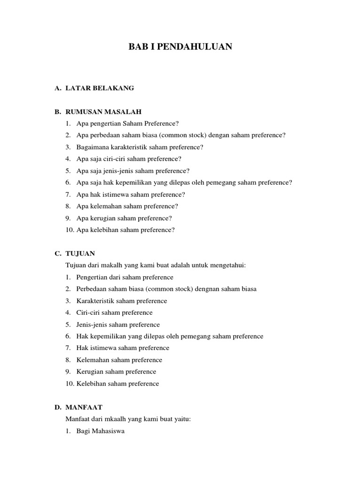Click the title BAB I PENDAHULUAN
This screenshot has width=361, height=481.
(x=180, y=47)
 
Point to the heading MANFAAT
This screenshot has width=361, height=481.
(x=84, y=407)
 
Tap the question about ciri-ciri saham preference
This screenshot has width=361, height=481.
(x=129, y=159)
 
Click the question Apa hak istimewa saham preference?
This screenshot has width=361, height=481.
(x=131, y=194)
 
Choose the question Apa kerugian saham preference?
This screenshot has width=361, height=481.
(x=124, y=218)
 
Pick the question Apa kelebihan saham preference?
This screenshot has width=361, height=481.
(x=126, y=230)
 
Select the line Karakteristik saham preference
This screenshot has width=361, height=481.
(x=121, y=301)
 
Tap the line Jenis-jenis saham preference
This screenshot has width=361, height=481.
(x=118, y=325)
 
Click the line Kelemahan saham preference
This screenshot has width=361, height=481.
(x=119, y=360)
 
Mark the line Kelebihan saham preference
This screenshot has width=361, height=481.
(x=118, y=383)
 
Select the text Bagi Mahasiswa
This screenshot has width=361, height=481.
(x=100, y=431)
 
